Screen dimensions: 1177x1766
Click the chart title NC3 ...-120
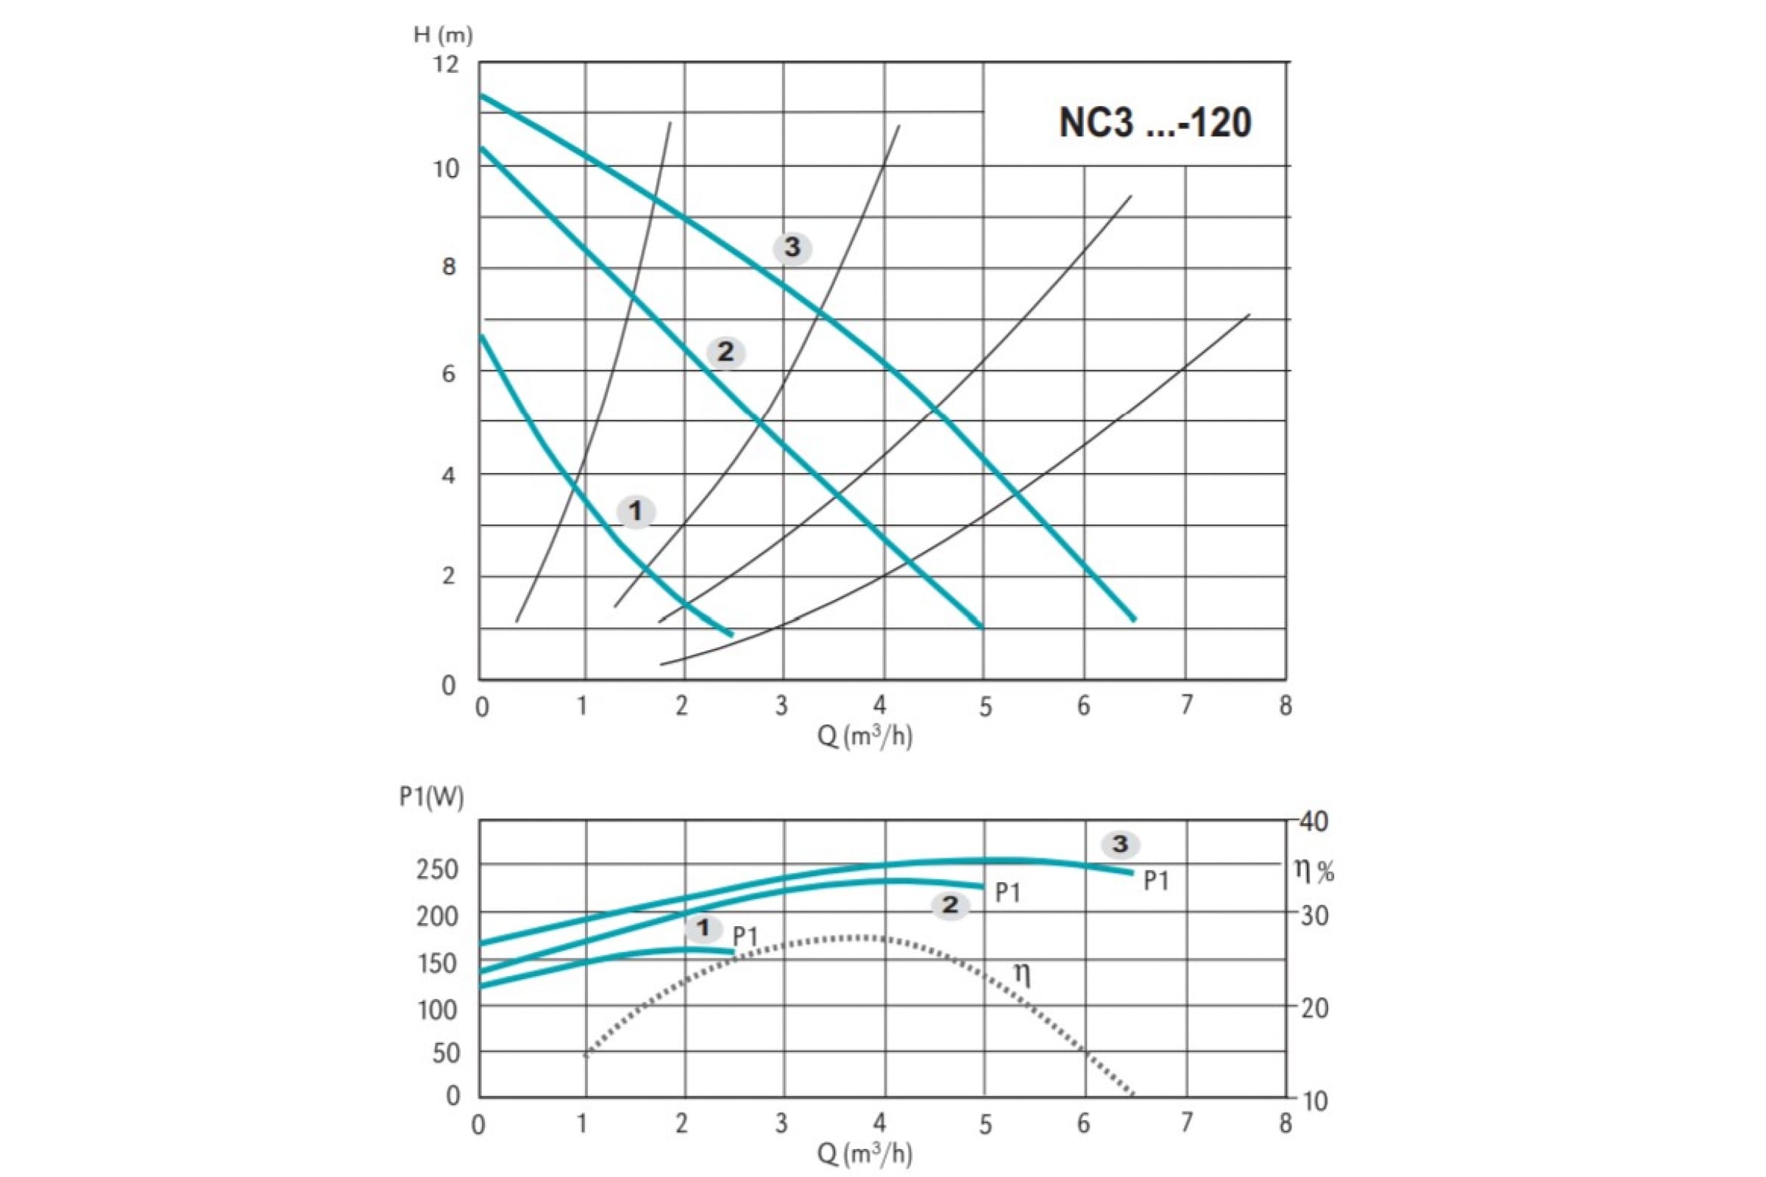point(1155,122)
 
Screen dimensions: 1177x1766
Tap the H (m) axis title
point(443,35)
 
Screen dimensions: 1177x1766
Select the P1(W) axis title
point(431,797)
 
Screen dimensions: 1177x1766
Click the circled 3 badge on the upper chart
point(793,248)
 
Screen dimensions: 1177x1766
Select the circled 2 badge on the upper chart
point(726,352)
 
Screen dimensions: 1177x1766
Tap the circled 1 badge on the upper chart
point(635,512)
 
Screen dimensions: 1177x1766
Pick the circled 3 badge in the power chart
point(1120,844)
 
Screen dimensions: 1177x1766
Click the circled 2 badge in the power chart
point(950,906)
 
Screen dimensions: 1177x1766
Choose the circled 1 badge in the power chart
point(703,928)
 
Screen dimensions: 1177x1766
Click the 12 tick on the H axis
point(446,65)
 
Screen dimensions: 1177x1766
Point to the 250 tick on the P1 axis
point(437,870)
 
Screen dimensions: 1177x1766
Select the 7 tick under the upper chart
point(1186,705)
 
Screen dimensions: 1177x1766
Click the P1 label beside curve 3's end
point(1156,881)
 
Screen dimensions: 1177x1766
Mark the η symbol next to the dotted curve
point(1022,974)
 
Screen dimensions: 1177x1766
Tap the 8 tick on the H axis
point(449,267)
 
